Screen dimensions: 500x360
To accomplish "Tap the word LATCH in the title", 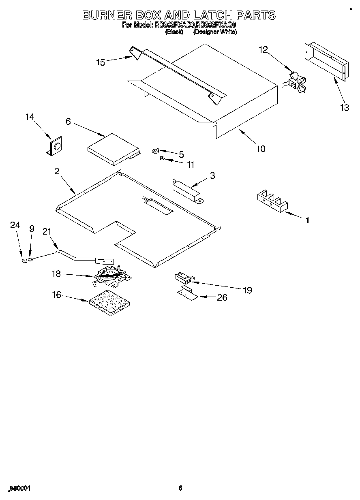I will tap(212, 15).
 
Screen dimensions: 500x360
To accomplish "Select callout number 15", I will tap(101, 62).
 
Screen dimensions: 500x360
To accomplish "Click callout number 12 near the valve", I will tap(263, 49).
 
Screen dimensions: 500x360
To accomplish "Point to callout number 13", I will tap(344, 108).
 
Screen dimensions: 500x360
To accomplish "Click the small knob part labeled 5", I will tap(156, 151).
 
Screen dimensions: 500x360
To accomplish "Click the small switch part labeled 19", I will tap(182, 278).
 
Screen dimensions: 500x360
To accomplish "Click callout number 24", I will tap(15, 226).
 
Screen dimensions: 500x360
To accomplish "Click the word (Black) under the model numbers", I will tap(174, 32).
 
